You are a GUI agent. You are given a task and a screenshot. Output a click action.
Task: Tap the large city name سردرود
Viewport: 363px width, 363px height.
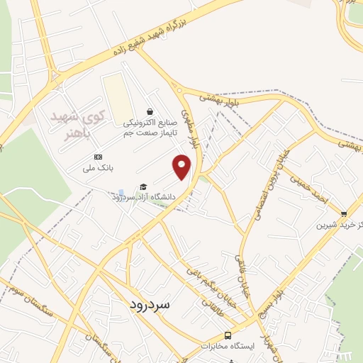pos(151,303)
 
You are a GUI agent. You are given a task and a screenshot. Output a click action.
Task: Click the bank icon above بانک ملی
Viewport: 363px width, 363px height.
pos(97,157)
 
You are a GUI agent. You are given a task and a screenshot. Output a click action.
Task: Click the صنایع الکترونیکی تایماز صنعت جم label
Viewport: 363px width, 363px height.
pos(149,127)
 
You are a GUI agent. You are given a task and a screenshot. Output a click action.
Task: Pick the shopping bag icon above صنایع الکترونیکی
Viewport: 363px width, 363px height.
pos(150,111)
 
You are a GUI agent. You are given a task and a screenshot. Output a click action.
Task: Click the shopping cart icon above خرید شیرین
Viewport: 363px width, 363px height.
pos(344,214)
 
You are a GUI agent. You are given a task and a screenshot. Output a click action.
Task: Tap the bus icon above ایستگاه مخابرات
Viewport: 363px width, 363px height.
pos(228,335)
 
